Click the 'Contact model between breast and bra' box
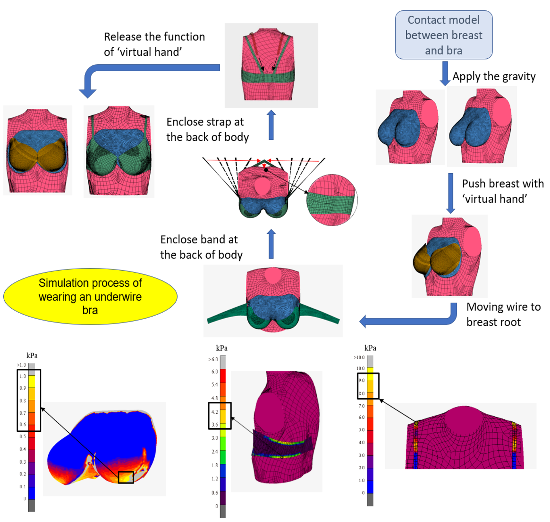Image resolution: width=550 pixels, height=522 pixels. coord(444,35)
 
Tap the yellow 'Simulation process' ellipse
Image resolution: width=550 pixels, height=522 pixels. coord(90,297)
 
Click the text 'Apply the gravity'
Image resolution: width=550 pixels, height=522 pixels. coord(494,77)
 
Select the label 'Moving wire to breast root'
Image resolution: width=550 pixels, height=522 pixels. coord(503,314)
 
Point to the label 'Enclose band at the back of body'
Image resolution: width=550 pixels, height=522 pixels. coord(201,247)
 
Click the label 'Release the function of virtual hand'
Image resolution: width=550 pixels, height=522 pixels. coord(154,44)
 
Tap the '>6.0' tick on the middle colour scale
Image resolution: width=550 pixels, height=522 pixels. coord(214,359)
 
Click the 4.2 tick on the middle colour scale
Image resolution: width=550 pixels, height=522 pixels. coord(215,412)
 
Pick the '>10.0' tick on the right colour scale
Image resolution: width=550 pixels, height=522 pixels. coord(359,357)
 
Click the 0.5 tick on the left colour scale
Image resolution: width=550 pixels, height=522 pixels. coord(23,436)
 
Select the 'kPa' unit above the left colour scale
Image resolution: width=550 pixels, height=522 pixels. coord(32,355)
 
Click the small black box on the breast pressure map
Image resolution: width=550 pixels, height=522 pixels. coord(126,477)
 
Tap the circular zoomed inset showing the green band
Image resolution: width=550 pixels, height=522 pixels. coord(332,200)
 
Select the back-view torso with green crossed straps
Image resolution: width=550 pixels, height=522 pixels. coord(271,66)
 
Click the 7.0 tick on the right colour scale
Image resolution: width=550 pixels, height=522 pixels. coord(361,406)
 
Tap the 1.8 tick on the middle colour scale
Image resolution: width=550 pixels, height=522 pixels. coord(215,465)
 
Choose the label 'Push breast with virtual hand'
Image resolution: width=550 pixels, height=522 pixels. coord(503,191)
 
